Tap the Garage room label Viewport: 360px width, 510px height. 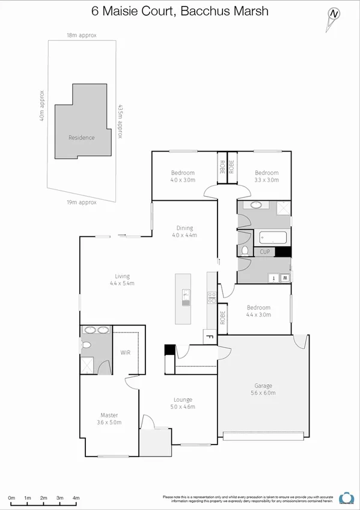click(263, 386)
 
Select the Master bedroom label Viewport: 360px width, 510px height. click(109, 415)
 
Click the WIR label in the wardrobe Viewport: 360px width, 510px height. click(125, 352)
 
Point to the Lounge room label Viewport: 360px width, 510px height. click(183, 399)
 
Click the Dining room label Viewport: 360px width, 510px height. click(185, 228)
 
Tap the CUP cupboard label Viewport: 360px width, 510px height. click(264, 253)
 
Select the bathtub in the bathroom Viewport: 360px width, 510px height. click(273, 238)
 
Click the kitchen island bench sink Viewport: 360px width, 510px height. click(186, 294)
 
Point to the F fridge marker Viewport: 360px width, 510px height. click(210, 337)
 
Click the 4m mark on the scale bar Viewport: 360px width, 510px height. click(76, 499)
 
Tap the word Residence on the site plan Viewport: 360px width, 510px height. click(81, 138)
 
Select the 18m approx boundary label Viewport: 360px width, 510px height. click(81, 35)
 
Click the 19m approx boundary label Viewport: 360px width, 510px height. click(81, 203)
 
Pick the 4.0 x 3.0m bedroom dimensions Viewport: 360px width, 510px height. click(182, 180)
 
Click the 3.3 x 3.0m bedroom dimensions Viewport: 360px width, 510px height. click(266, 180)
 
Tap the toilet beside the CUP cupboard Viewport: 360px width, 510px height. click(246, 251)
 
